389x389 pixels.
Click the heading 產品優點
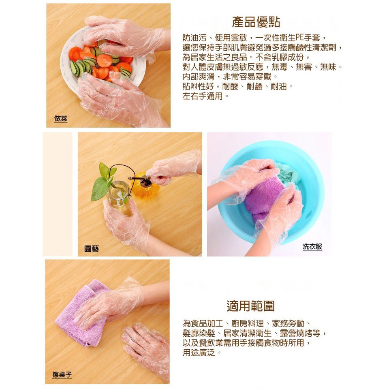pyautogui.click(x=256, y=22)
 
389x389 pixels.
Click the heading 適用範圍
pyautogui.click(x=251, y=306)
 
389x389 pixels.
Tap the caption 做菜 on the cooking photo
pyautogui.click(x=61, y=119)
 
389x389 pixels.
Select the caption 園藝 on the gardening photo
pyautogui.click(x=92, y=248)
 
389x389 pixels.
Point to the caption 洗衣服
pyautogui.click(x=312, y=247)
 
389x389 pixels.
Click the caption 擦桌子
pyautogui.click(x=62, y=374)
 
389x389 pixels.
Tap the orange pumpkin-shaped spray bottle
pyautogui.click(x=142, y=186)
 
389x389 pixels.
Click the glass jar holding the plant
pyautogui.click(x=119, y=194)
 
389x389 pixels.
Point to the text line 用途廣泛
pyautogui.click(x=201, y=352)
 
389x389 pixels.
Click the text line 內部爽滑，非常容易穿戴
pyautogui.click(x=230, y=77)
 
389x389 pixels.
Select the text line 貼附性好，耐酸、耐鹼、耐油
pyautogui.click(x=237, y=86)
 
